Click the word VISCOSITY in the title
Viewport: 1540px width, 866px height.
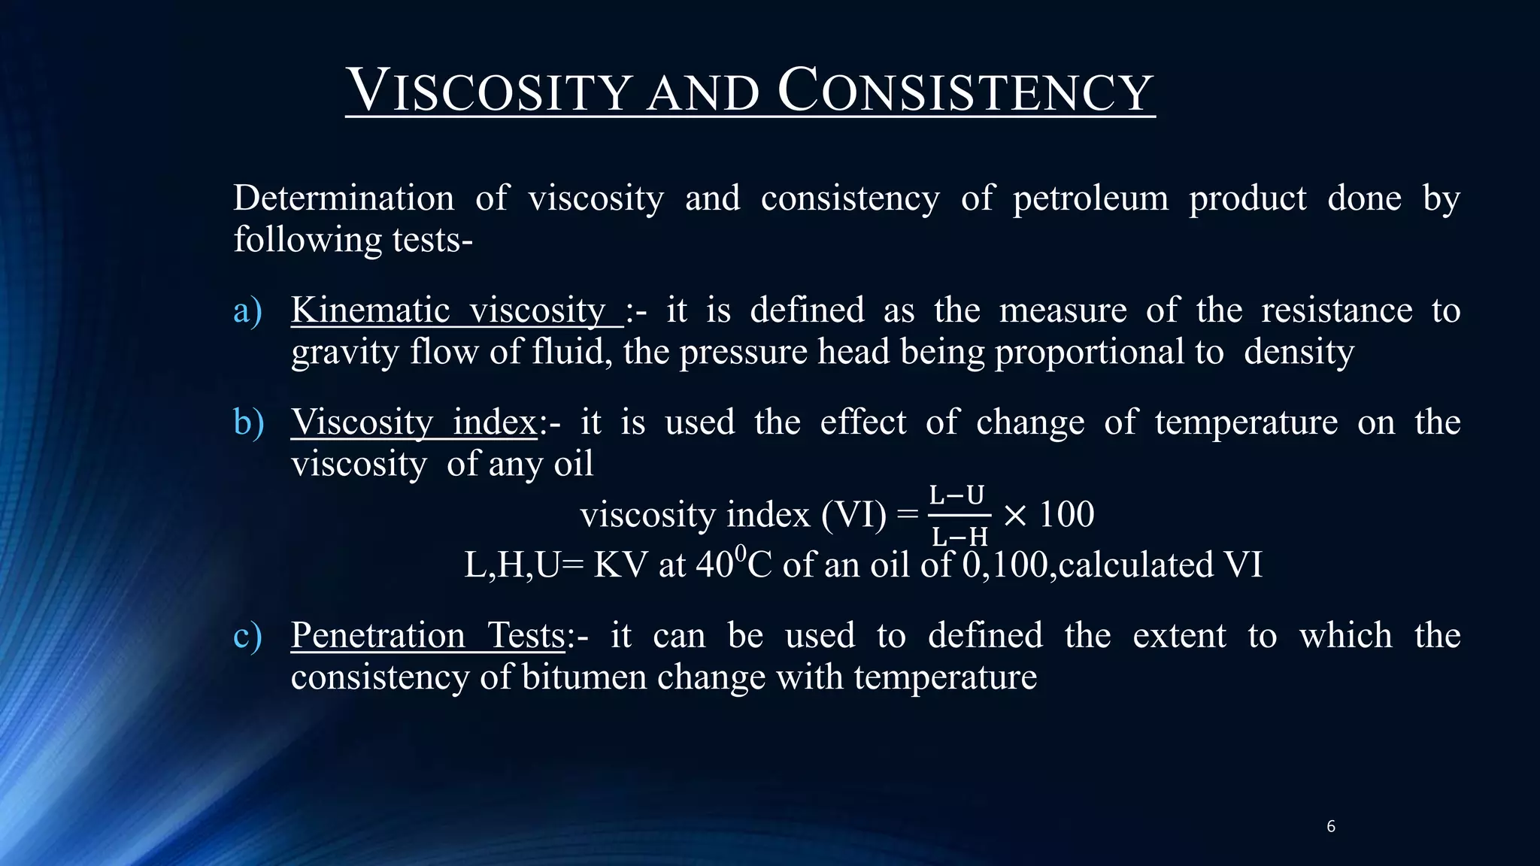tap(489, 92)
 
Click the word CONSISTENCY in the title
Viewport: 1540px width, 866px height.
tap(966, 92)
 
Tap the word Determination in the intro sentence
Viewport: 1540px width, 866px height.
tap(344, 199)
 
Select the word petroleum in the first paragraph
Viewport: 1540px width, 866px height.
tap(1090, 199)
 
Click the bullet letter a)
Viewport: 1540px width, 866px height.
tap(247, 311)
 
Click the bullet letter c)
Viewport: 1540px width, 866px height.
tap(247, 636)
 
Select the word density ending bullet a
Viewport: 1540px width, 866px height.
tap(1299, 353)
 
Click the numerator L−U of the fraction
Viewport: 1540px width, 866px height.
tap(956, 496)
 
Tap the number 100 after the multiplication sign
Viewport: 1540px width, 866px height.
tap(1066, 516)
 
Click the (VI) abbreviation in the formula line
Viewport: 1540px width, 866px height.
tap(853, 516)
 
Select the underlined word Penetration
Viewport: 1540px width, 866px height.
tap(377, 636)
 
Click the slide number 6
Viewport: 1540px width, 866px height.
tap(1330, 827)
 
